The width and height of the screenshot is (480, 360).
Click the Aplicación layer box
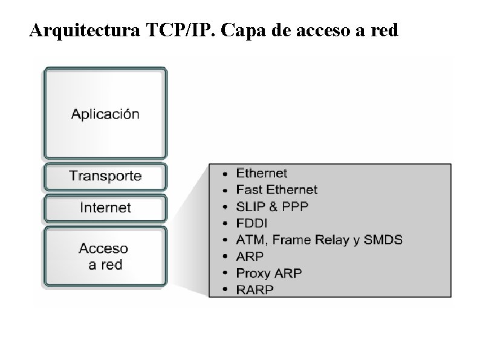point(105,113)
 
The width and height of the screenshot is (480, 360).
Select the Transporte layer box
point(105,176)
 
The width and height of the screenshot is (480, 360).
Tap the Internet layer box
point(105,208)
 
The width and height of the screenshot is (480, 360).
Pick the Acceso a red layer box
point(105,256)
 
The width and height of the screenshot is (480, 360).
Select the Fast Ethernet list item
point(276,189)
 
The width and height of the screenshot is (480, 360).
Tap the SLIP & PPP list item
point(272,206)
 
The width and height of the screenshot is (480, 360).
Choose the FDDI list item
point(251,223)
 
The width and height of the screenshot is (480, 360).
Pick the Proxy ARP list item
point(268,273)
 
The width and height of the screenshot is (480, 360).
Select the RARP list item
point(255,290)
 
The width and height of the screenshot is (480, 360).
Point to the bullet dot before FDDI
point(225,224)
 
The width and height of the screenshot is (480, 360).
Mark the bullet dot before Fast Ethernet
point(225,191)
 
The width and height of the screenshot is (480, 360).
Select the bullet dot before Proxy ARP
point(225,273)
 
